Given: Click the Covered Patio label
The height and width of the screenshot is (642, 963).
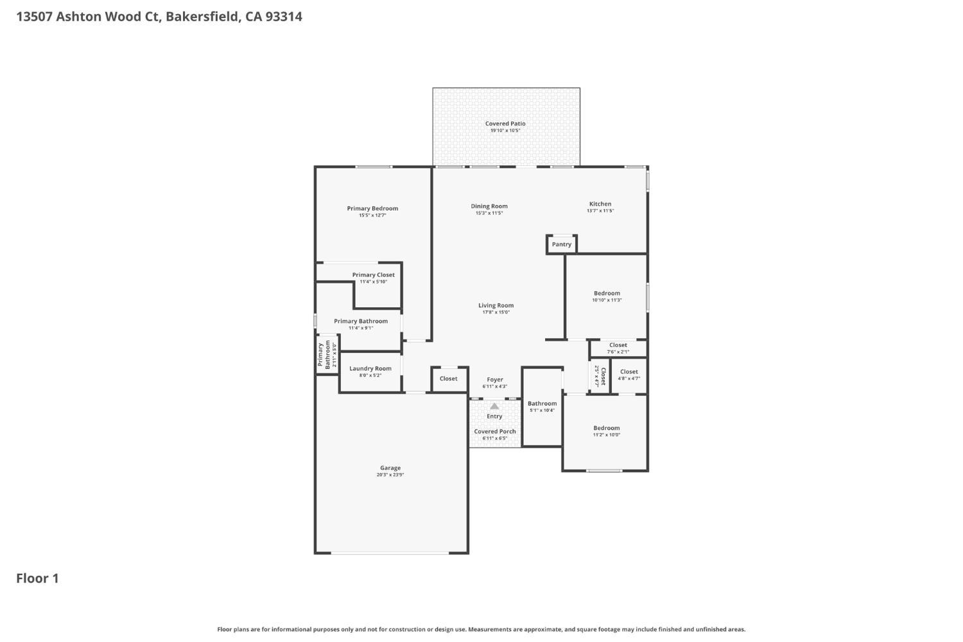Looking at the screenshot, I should (x=505, y=123).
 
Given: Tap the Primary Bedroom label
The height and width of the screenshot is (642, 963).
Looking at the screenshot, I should (x=372, y=208).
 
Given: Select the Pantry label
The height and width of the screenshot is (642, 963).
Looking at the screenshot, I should (x=562, y=244).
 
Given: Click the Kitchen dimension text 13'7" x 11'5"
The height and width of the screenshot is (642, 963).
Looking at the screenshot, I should (x=600, y=211).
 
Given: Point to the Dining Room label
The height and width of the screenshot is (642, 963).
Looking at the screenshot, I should (x=489, y=206).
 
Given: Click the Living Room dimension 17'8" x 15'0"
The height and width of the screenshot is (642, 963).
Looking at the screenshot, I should (x=496, y=312).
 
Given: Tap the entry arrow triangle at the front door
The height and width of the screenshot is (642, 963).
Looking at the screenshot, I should (x=494, y=406).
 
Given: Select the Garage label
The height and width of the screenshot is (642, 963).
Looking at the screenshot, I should (x=390, y=468).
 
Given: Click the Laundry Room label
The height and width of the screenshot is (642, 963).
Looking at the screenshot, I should (x=370, y=368).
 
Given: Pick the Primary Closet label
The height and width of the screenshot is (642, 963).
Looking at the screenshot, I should (x=373, y=275).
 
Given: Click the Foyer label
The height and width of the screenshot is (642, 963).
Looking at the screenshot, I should (x=495, y=380).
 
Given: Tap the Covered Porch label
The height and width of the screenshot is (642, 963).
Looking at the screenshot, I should (x=494, y=431).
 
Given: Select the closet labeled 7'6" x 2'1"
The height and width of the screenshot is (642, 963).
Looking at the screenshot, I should (x=618, y=348).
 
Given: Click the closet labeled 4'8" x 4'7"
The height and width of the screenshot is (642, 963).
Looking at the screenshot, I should (x=629, y=374).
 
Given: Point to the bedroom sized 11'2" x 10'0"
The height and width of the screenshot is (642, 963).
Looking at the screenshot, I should (x=607, y=431).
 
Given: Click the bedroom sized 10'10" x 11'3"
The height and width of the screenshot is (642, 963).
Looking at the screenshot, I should (x=607, y=296).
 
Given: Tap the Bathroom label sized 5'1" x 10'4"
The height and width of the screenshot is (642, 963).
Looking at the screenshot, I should (x=542, y=404).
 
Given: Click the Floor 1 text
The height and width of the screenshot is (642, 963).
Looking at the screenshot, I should (x=37, y=578).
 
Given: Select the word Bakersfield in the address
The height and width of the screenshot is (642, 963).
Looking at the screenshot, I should (x=202, y=17).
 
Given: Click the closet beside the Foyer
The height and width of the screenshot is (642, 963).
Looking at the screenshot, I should (x=449, y=379).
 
